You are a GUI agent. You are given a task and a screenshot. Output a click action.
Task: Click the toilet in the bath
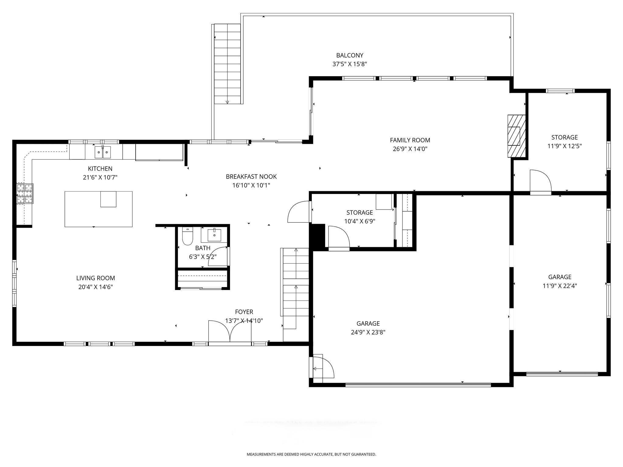click(x=187, y=236)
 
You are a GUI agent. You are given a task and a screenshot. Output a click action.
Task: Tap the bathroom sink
click(x=214, y=234)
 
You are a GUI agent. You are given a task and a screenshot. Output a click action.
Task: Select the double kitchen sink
click(x=103, y=152)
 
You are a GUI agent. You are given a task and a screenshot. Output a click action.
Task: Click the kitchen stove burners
click(x=25, y=193)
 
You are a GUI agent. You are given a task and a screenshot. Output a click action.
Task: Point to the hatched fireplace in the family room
click(x=516, y=136)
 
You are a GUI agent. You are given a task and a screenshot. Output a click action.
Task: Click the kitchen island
click(x=99, y=209)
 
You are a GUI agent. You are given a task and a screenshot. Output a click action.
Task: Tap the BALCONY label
click(x=350, y=55)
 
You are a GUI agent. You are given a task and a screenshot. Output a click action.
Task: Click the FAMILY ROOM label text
click(x=410, y=140)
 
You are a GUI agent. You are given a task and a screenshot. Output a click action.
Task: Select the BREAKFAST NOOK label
click(x=251, y=177)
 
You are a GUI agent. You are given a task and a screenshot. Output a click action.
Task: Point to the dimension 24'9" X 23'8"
click(x=368, y=332)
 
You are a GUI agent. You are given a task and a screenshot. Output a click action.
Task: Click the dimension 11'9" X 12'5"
click(x=565, y=146)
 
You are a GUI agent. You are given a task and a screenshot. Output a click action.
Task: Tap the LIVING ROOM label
click(x=96, y=278)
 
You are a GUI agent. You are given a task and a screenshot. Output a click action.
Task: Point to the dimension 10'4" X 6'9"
click(x=360, y=221)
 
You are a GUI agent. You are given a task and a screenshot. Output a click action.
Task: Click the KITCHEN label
click(x=100, y=169)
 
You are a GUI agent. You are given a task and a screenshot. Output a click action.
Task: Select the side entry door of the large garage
click(x=322, y=368)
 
